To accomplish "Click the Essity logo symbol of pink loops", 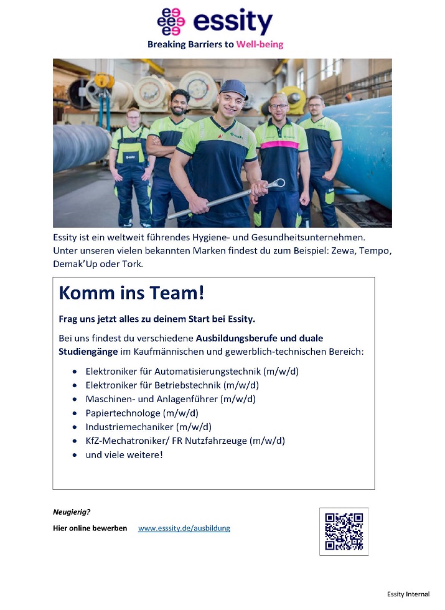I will pyautogui.click(x=171, y=22).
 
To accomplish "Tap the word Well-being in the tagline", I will pyautogui.click(x=260, y=45).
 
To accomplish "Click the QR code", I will pyautogui.click(x=344, y=531).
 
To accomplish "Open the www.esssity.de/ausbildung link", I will pyautogui.click(x=184, y=528).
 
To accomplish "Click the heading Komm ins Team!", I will pyautogui.click(x=131, y=293).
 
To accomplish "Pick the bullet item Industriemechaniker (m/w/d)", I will pyautogui.click(x=149, y=427).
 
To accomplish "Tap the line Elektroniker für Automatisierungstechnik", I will pyautogui.click(x=192, y=372).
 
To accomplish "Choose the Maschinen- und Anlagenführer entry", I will pyautogui.click(x=170, y=399).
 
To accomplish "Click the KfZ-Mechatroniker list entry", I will pyautogui.click(x=185, y=441).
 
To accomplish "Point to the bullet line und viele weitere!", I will pyautogui.click(x=124, y=455).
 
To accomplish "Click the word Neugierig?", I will pyautogui.click(x=72, y=512).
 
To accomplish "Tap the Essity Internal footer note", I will pyautogui.click(x=408, y=594).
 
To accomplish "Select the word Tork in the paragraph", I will pyautogui.click(x=133, y=264).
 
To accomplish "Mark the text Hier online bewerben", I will pyautogui.click(x=90, y=528).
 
